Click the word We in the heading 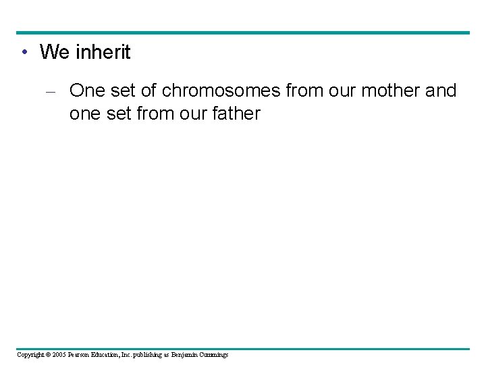point(54,52)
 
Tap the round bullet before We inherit point(24,53)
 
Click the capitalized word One point(86,91)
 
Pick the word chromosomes point(221,91)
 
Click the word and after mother point(441,91)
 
